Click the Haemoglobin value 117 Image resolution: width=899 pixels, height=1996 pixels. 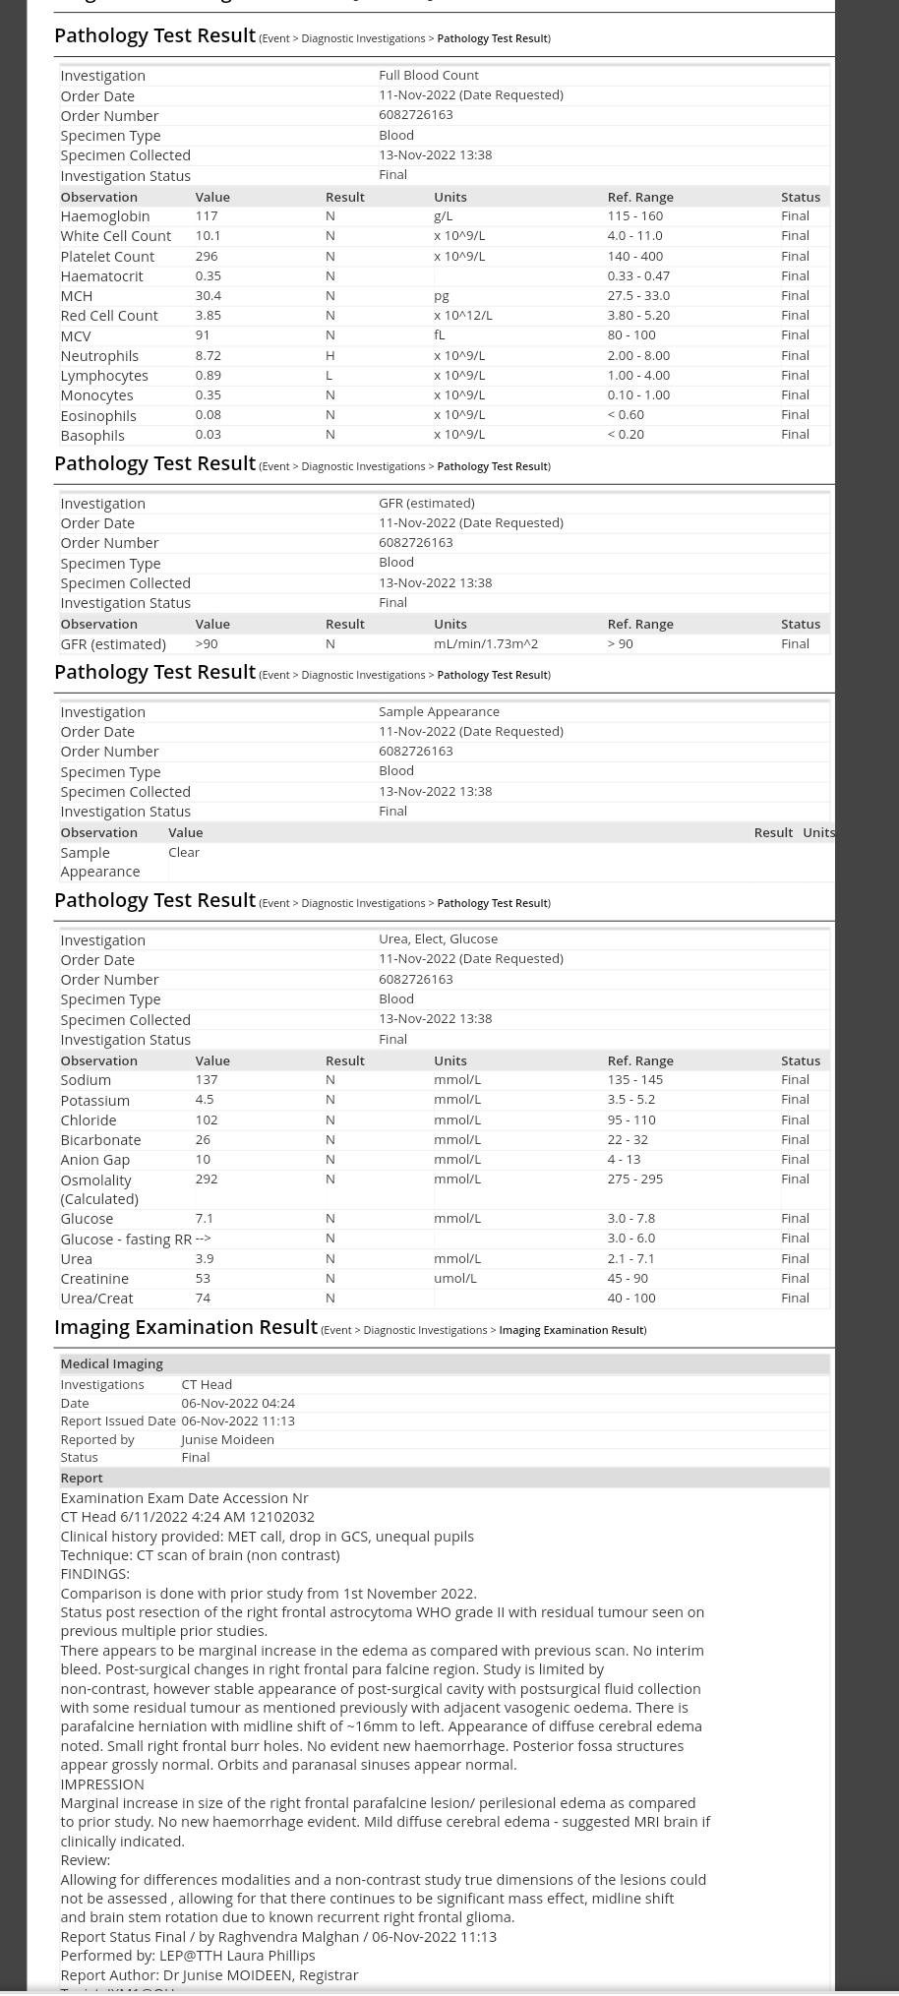pos(206,215)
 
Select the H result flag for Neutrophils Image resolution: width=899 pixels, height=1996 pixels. pos(330,355)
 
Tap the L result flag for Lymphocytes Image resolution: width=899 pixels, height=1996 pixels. pos(329,375)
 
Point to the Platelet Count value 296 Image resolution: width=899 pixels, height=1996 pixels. pos(206,256)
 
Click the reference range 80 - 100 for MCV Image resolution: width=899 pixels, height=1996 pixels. pos(630,334)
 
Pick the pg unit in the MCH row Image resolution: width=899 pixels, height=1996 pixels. pos(441,295)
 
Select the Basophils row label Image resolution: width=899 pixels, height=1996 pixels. pos(92,435)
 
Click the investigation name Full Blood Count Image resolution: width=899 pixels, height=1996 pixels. pos(428,75)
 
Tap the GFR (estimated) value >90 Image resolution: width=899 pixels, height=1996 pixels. pos(206,643)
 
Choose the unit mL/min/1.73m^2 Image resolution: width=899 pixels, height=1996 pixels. pos(485,643)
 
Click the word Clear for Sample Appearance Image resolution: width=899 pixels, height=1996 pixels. pos(184,852)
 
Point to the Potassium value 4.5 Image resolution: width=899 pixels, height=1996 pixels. pos(204,1099)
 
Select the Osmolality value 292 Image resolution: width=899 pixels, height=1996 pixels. pos(206,1179)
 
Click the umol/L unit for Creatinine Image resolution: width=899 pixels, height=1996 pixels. pos(454,1278)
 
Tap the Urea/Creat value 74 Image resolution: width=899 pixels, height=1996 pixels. pos(203,1298)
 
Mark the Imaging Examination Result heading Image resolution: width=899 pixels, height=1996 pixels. pos(186,1327)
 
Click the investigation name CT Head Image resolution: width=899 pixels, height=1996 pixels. pos(207,1384)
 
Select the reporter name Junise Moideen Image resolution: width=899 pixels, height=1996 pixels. pos(227,1439)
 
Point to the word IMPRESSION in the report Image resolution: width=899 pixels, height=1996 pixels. pos(101,1784)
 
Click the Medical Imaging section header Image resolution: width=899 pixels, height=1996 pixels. pos(111,1363)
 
